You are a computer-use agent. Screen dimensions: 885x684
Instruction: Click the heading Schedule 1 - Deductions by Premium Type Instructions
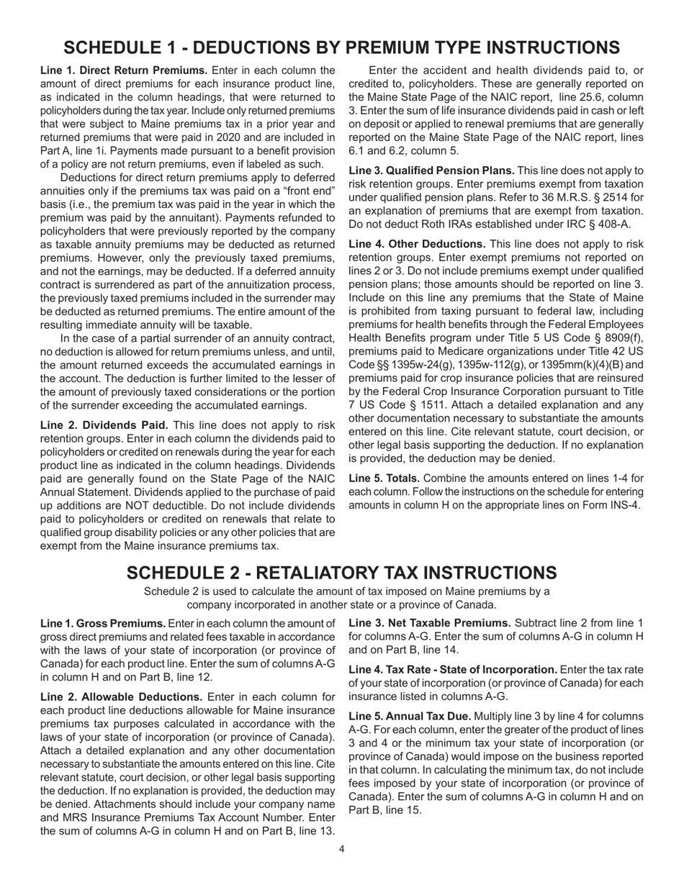pos(341,47)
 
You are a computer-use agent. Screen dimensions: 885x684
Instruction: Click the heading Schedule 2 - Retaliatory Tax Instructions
pos(341,573)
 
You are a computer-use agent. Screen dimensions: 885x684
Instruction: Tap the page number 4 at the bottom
pos(341,849)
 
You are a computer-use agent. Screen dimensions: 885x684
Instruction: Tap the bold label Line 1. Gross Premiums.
pos(102,624)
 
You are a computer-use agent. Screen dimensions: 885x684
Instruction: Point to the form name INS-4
pos(628,504)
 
